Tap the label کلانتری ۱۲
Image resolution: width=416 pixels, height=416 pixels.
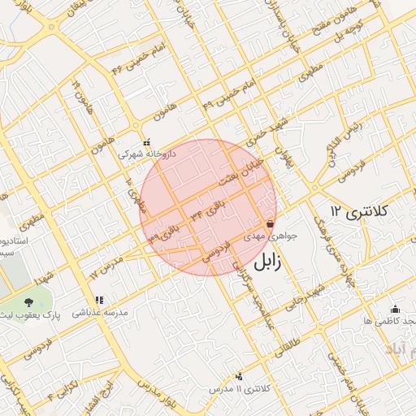point(361,211)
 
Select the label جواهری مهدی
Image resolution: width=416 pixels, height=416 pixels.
point(283,236)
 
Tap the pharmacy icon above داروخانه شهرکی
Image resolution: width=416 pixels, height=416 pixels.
point(146,141)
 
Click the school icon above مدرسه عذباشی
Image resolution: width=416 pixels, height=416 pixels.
point(99,300)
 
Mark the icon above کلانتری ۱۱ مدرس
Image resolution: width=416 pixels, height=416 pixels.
point(238,376)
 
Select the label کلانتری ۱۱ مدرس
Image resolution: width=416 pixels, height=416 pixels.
point(239,389)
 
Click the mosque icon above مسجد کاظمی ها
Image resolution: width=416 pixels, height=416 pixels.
point(395,309)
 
